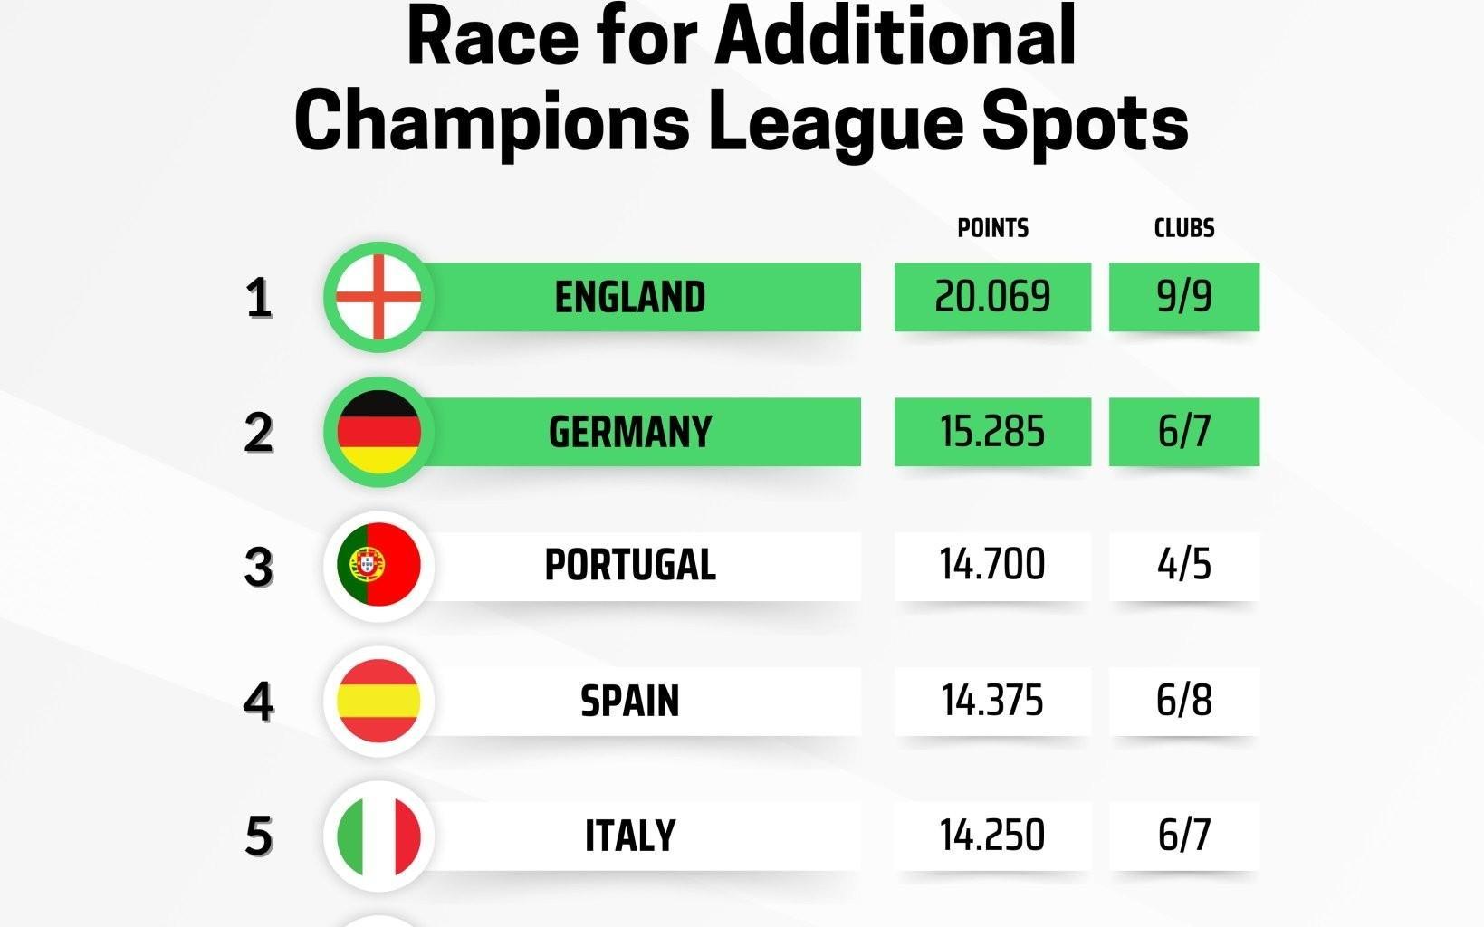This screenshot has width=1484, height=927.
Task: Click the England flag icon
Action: pyautogui.click(x=378, y=297)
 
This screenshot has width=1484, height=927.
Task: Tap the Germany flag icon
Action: pyautogui.click(x=378, y=432)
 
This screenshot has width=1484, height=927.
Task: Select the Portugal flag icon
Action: pyautogui.click(x=378, y=565)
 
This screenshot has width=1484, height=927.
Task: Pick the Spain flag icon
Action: pyautogui.click(x=378, y=701)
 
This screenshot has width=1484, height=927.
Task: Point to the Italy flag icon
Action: pyautogui.click(x=378, y=835)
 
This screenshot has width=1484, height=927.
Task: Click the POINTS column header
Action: pyautogui.click(x=992, y=228)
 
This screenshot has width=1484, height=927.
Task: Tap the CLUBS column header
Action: pyautogui.click(x=1183, y=228)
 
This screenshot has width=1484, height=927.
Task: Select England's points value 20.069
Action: pyautogui.click(x=992, y=297)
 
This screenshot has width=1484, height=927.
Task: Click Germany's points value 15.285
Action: pyautogui.click(x=992, y=432)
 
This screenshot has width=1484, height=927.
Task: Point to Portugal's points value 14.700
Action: pyautogui.click(x=992, y=565)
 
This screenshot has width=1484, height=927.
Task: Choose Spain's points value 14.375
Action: pyautogui.click(x=992, y=701)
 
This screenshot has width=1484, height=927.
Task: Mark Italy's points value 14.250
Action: pyautogui.click(x=992, y=835)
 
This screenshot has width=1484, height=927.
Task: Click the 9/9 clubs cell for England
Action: pyautogui.click(x=1183, y=297)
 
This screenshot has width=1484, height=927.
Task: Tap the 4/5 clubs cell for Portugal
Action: pyautogui.click(x=1183, y=565)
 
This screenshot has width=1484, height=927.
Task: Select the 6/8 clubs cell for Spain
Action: pyautogui.click(x=1183, y=701)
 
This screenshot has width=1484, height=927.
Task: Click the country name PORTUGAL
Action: pyautogui.click(x=630, y=565)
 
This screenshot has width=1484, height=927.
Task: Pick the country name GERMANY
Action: pyautogui.click(x=630, y=432)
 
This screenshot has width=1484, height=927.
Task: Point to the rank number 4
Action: pyautogui.click(x=259, y=701)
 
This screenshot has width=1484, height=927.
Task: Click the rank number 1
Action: pyautogui.click(x=259, y=297)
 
